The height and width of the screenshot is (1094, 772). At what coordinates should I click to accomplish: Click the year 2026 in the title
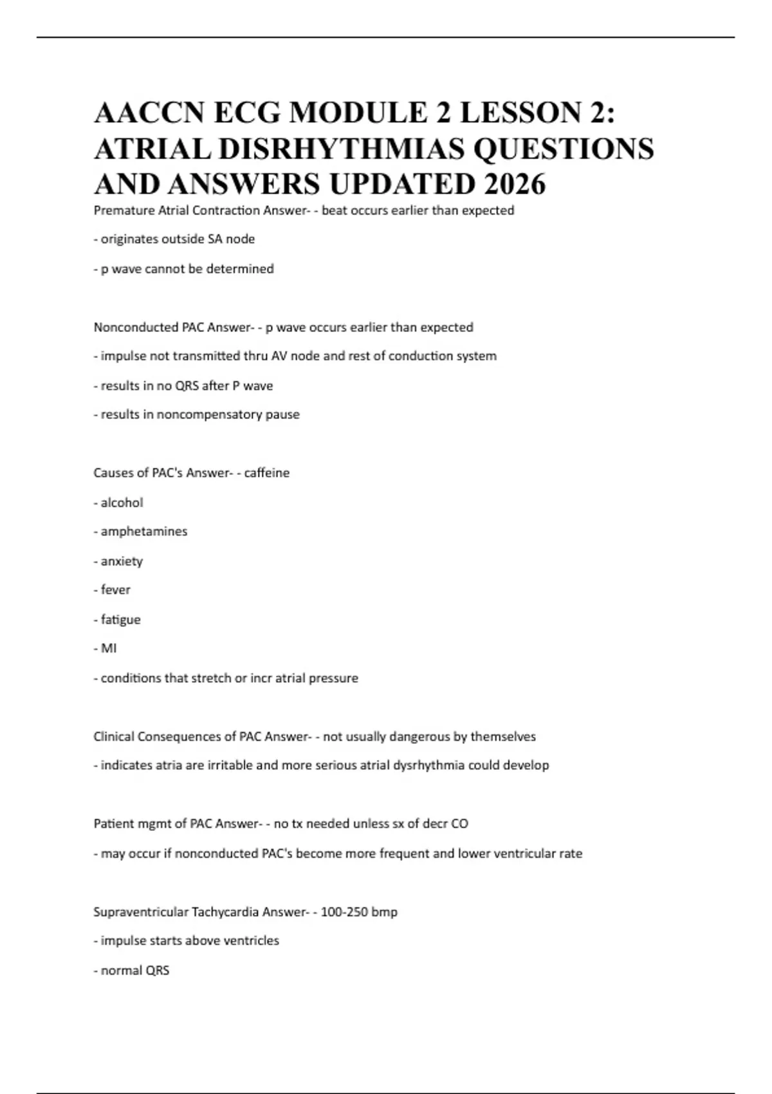pos(515,184)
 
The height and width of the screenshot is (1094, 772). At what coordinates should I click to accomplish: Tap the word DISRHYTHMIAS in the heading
pos(341,149)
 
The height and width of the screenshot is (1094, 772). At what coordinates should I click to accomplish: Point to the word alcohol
pos(122,503)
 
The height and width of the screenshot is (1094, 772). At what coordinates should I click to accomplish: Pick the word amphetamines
pos(143,532)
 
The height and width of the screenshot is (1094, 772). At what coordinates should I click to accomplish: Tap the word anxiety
pos(122,561)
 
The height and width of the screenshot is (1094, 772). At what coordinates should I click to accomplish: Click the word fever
pos(115,590)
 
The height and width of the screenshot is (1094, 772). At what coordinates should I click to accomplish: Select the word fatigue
pos(120,620)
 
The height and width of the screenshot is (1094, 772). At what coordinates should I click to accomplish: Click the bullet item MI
pos(109,649)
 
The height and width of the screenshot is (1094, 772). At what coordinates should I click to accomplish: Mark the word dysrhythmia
pos(431,766)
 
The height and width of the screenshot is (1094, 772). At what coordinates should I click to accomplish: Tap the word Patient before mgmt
pos(113,824)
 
